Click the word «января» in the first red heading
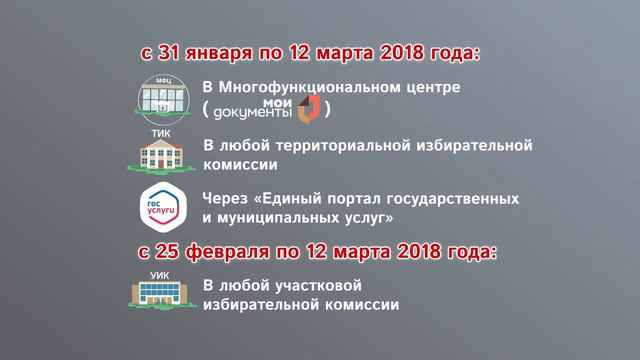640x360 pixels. (x=222, y=52)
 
